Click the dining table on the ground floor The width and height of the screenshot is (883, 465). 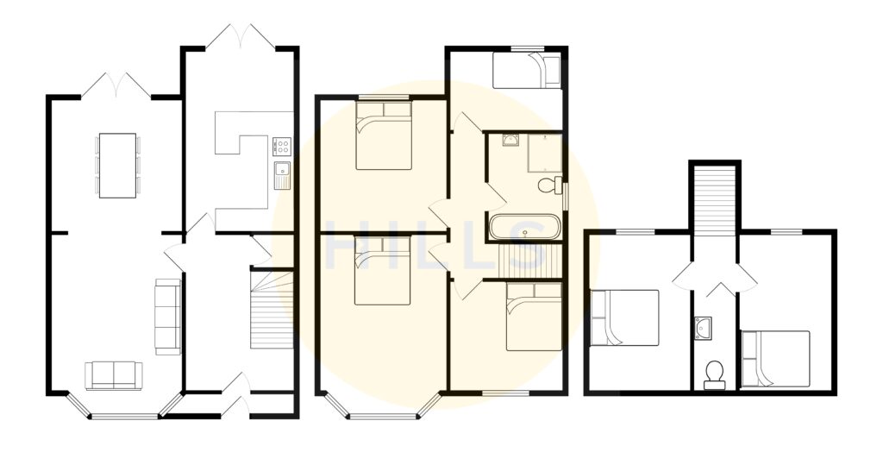click(x=117, y=165)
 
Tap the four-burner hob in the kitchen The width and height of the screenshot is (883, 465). click(x=282, y=146)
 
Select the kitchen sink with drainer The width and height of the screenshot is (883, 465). click(x=281, y=174)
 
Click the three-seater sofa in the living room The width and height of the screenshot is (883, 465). click(x=167, y=316)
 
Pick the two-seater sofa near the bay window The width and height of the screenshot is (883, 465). click(x=114, y=375)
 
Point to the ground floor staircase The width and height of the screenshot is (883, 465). click(x=272, y=311)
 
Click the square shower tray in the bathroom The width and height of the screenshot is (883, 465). click(x=545, y=154)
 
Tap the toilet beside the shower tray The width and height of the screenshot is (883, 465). click(x=548, y=185)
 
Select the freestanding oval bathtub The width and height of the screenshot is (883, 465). click(x=524, y=228)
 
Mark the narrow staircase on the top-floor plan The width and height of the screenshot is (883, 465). click(x=714, y=198)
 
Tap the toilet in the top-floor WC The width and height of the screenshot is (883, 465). click(x=714, y=374)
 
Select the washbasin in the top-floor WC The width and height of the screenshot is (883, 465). click(x=702, y=327)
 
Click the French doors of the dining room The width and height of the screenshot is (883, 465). click(x=116, y=85)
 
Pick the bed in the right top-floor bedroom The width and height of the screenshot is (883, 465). click(x=775, y=359)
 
